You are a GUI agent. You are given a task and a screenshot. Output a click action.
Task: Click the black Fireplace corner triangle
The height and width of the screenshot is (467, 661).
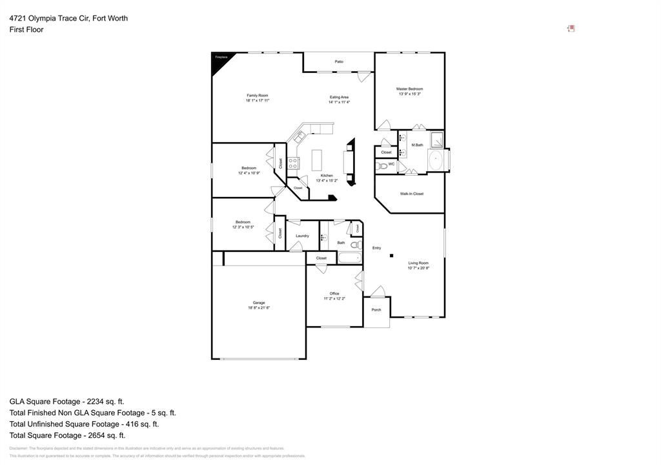pyautogui.click(x=218, y=60)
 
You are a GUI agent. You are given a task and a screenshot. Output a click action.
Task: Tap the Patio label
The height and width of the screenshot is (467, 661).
pyautogui.click(x=339, y=62)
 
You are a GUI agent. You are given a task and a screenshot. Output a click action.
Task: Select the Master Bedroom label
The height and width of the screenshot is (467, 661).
pyautogui.click(x=409, y=89)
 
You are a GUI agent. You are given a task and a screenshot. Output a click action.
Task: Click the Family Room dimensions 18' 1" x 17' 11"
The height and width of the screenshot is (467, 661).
pyautogui.click(x=257, y=101)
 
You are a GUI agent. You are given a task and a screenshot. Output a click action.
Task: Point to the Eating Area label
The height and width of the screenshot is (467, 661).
pyautogui.click(x=339, y=97)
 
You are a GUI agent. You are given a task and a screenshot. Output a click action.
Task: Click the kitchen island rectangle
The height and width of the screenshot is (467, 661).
pyautogui.click(x=316, y=160)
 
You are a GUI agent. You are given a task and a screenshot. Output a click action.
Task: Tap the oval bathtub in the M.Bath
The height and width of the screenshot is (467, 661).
pyautogui.click(x=436, y=160)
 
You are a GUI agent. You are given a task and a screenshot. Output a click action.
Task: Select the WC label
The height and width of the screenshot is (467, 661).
pyautogui.click(x=391, y=164)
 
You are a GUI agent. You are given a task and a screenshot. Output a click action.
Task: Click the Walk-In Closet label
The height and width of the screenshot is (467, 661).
pyautogui.click(x=411, y=194)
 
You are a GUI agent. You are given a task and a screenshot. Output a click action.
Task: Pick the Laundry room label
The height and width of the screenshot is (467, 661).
pyautogui.click(x=302, y=236)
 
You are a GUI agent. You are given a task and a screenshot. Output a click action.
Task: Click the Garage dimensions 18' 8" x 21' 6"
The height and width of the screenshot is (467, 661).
pyautogui.click(x=258, y=308)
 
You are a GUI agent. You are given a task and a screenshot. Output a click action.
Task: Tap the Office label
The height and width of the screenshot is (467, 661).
pyautogui.click(x=334, y=293)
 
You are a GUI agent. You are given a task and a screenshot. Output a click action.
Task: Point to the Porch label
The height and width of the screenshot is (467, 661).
pyautogui.click(x=376, y=310)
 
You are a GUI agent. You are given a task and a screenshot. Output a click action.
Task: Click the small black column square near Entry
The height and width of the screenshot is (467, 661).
pyautogui.click(x=391, y=256)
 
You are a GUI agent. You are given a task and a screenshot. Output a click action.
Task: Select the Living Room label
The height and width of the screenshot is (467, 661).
pyautogui.click(x=418, y=263)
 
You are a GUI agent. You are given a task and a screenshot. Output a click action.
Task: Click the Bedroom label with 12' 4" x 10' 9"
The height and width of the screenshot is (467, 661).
pyautogui.click(x=249, y=168)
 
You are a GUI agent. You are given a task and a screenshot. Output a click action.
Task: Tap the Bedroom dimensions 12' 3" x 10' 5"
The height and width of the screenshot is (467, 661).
pyautogui.click(x=243, y=227)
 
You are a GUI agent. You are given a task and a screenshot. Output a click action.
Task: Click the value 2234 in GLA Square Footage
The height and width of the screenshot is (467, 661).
pyautogui.click(x=95, y=401)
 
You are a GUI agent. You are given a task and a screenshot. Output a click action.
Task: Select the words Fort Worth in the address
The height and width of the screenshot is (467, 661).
pyautogui.click(x=110, y=18)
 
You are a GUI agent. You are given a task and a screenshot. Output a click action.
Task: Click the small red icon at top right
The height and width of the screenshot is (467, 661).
pyautogui.click(x=571, y=28)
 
